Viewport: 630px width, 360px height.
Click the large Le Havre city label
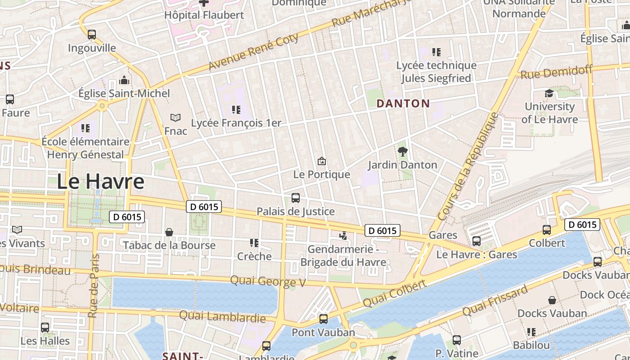tap(100, 181)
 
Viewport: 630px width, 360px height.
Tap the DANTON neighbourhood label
tap(403, 103)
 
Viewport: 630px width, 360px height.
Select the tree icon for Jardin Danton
tap(403, 152)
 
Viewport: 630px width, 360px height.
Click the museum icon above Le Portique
tap(322, 161)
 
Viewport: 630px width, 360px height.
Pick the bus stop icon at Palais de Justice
tap(296, 198)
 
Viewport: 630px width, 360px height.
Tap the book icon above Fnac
tap(175, 118)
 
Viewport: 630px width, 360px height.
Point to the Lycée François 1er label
tap(236, 123)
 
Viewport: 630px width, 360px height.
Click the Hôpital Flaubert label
tap(204, 15)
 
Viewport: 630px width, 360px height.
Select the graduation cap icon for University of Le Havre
tap(549, 93)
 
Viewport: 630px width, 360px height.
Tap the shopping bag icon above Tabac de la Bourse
tap(169, 232)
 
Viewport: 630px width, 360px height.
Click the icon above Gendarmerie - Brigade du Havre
tap(343, 235)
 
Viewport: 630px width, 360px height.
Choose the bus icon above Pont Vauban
tap(324, 319)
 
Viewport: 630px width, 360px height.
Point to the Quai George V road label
tap(268, 281)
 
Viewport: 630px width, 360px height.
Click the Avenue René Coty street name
tap(253, 52)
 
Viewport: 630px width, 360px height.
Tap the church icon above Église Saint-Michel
tap(124, 81)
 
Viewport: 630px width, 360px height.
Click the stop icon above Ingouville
tap(92, 35)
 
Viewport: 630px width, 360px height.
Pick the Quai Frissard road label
tap(495, 301)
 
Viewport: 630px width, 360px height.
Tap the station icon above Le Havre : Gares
tap(477, 241)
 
